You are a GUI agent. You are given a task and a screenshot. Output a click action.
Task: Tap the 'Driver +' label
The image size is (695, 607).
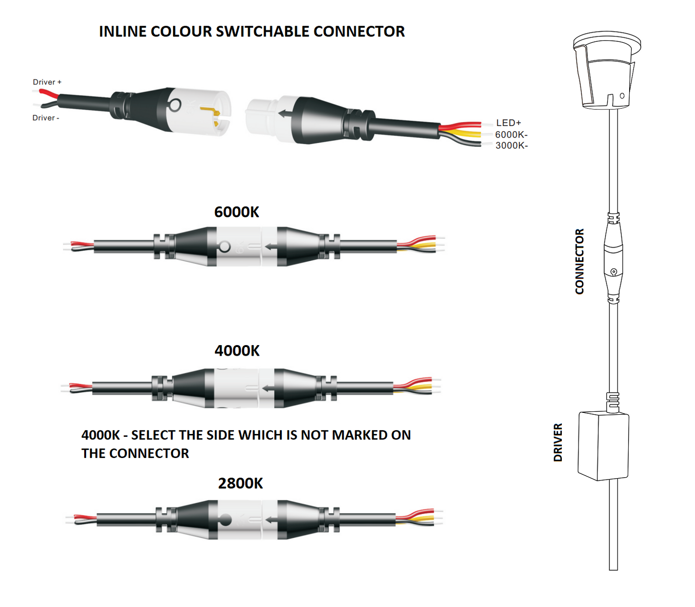pos(47,82)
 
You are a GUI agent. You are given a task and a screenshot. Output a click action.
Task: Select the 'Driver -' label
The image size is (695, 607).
pos(46,118)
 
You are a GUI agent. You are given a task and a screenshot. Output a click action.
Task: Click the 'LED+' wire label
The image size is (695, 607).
pos(509,123)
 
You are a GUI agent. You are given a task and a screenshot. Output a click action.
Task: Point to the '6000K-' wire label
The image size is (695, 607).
pos(511,135)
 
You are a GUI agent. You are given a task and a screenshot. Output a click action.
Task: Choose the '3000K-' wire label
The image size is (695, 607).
pos(512,146)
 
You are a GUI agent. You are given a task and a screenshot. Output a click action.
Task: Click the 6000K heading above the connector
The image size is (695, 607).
pos(237,212)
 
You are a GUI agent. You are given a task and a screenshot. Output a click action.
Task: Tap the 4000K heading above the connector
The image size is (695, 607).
pos(237,351)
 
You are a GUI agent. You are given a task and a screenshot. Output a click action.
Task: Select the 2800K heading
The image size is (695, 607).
pos(240,483)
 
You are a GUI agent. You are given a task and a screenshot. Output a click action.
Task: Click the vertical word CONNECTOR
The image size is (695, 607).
pos(580,261)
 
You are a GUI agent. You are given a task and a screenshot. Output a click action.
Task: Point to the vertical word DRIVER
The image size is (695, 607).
pos(558,442)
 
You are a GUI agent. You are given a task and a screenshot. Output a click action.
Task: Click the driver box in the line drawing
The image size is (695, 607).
pos(603,445)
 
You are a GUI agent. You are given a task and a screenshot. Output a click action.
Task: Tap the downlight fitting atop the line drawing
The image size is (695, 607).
pos(607,70)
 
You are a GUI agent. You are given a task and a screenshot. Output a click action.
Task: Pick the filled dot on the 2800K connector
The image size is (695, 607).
pos(225,520)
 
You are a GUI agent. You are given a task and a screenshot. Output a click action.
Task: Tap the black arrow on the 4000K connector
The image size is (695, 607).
pos(268,388)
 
